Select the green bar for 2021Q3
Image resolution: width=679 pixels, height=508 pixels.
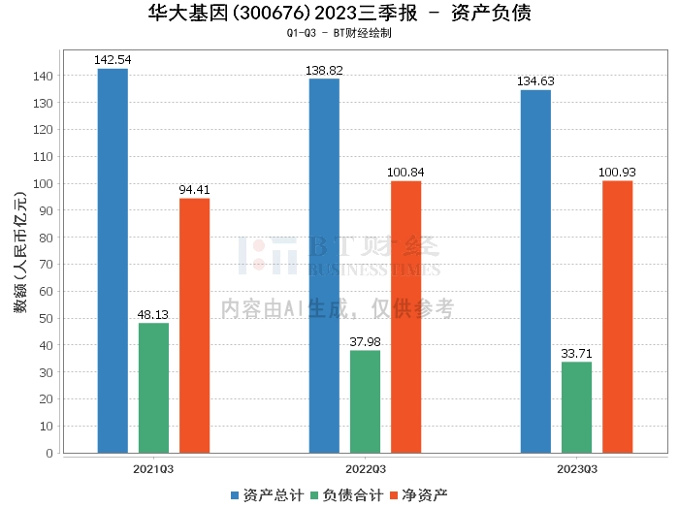[x=153, y=388]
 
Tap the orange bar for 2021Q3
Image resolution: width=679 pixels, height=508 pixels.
[x=194, y=325]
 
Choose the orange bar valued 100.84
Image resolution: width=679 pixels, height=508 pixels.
[x=405, y=316]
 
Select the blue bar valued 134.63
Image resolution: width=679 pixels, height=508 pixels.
[x=535, y=270]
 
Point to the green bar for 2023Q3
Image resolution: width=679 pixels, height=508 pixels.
[x=576, y=407]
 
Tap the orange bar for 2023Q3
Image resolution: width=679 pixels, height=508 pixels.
[x=617, y=316]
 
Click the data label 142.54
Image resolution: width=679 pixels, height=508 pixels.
[x=113, y=60]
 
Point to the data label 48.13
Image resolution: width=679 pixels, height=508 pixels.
[x=153, y=315]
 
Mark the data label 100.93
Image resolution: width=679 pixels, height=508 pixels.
[x=617, y=173]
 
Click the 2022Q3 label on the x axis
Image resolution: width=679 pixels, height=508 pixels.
[x=365, y=468]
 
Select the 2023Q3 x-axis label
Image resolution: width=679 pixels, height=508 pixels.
[x=576, y=468]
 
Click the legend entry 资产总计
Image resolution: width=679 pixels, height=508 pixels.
[x=259, y=495]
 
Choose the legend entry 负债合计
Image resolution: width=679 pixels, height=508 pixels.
[x=346, y=495]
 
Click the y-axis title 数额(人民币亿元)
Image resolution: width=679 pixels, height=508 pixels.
[x=19, y=260]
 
